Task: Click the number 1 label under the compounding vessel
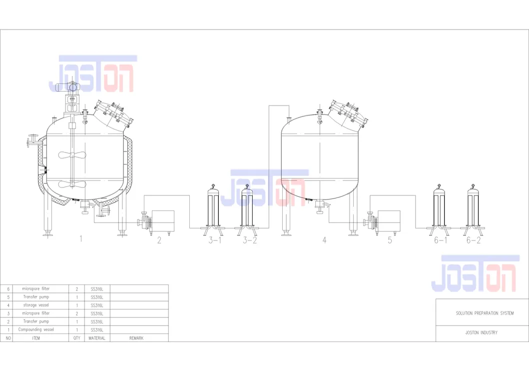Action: pos(80,239)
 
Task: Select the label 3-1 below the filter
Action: pos(215,240)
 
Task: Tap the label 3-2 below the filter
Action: pos(250,240)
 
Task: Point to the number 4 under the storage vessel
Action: pos(324,240)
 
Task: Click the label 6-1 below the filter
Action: pos(440,240)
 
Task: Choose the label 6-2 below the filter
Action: pos(474,240)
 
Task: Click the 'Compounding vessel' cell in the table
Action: pos(36,330)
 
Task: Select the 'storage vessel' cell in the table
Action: pos(36,305)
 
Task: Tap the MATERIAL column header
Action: pos(97,338)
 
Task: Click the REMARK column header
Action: pos(136,338)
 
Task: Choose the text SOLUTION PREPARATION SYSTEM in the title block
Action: pos(484,313)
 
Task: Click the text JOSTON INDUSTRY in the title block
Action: pos(482,332)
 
